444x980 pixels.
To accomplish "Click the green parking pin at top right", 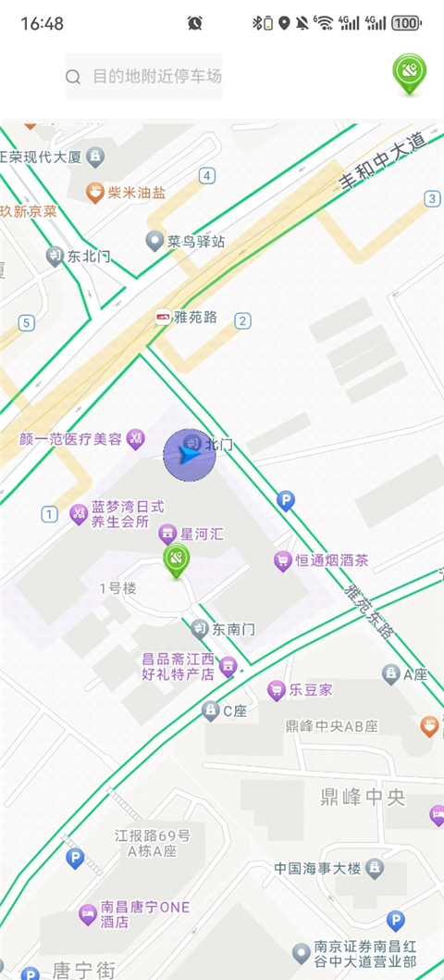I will click(x=408, y=72).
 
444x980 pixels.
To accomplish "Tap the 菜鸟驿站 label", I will click(x=195, y=242).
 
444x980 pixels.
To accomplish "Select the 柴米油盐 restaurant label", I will click(x=136, y=193).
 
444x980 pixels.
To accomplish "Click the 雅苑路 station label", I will click(x=195, y=318).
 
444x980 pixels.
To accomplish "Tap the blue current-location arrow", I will click(x=189, y=455).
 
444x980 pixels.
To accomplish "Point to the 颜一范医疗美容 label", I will click(x=71, y=438).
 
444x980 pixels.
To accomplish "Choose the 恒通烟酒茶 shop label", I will click(x=331, y=560).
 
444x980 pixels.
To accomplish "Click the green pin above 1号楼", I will click(x=176, y=559).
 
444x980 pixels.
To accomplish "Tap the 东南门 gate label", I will click(x=232, y=630).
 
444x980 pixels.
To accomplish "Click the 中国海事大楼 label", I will click(x=318, y=869).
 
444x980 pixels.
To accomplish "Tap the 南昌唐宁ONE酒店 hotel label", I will click(x=146, y=915).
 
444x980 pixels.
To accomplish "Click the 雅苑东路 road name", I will click(x=368, y=609).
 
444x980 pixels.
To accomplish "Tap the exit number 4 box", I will click(x=207, y=175).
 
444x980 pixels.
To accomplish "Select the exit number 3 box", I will click(x=431, y=198).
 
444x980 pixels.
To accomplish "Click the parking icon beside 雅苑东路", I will click(x=286, y=500).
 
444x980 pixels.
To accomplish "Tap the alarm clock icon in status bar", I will click(x=194, y=23).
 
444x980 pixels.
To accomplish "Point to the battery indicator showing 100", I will click(x=405, y=23).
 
